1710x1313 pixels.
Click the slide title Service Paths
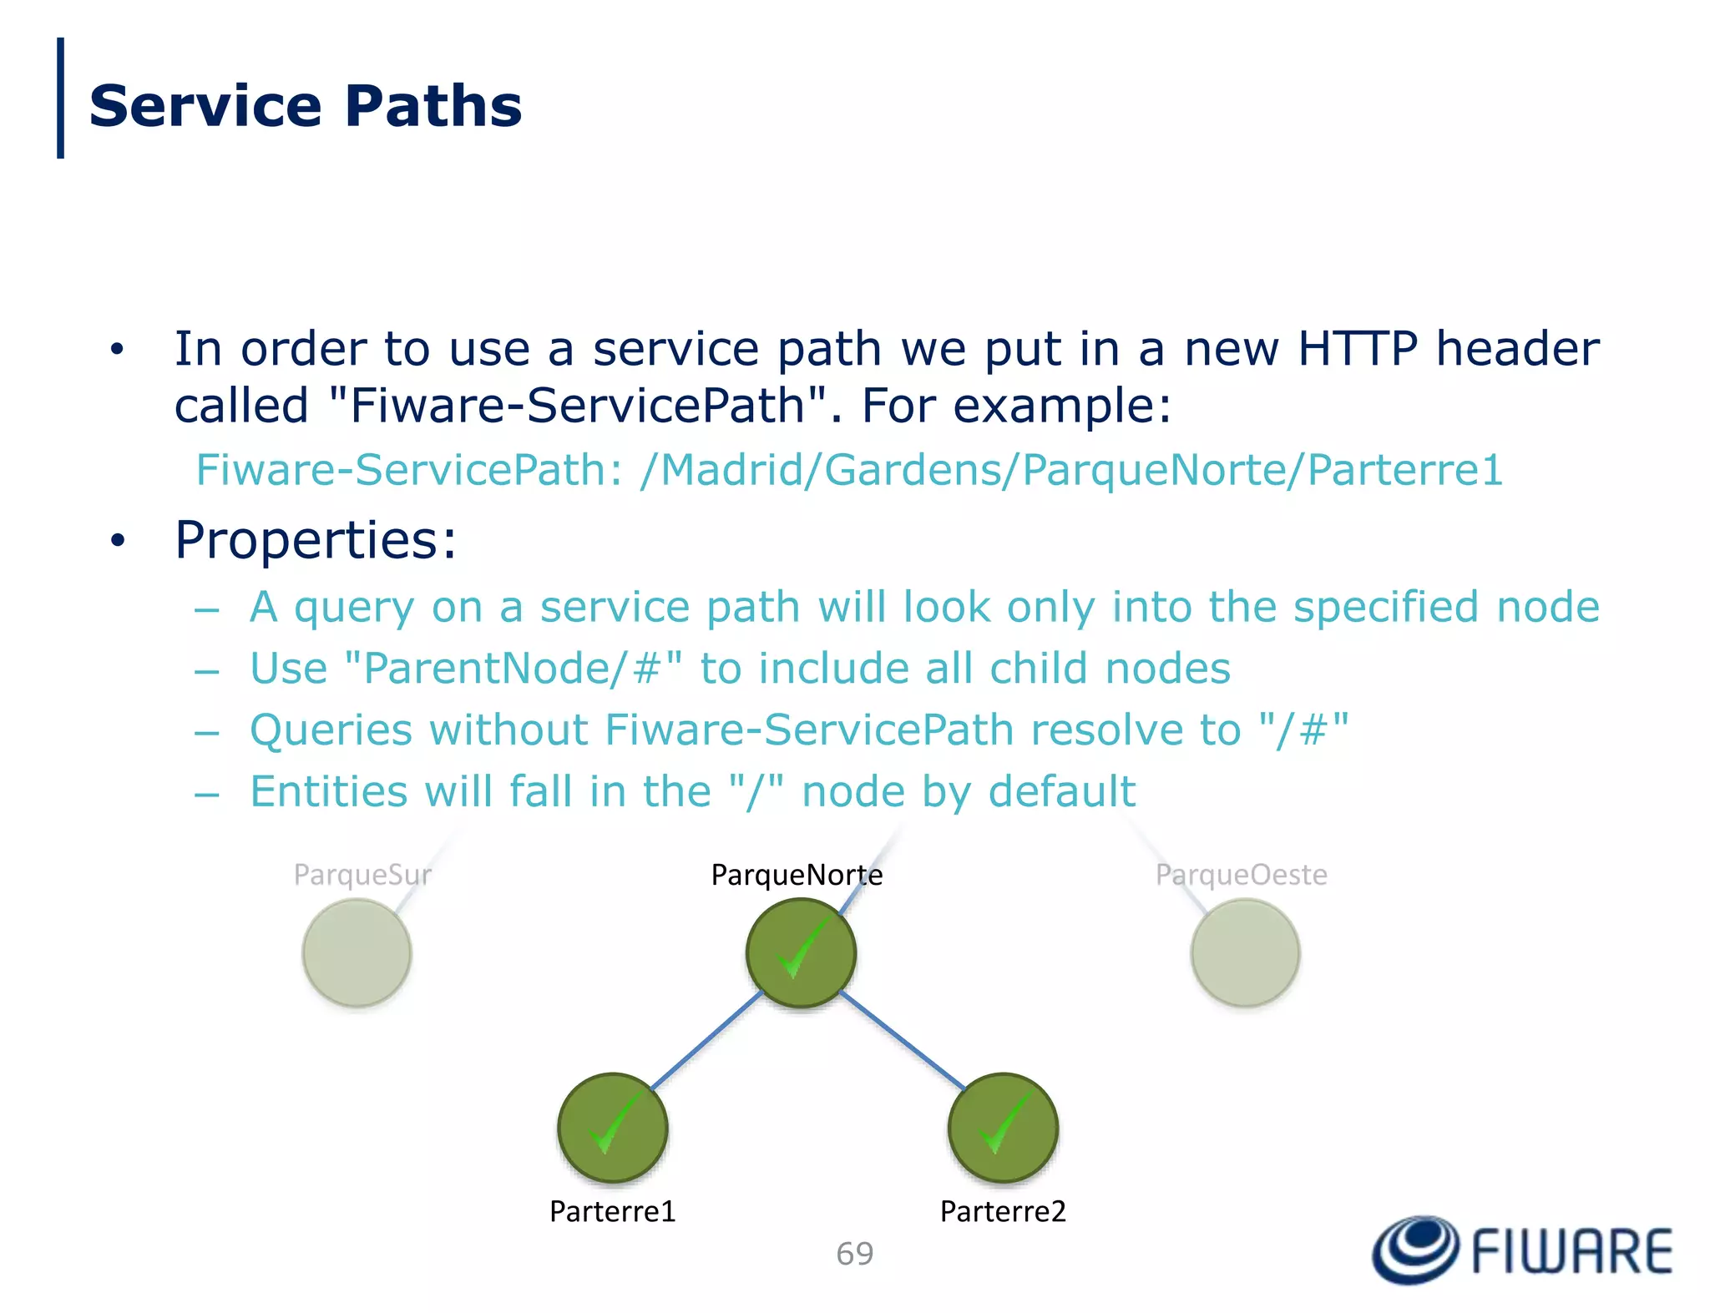[x=305, y=107]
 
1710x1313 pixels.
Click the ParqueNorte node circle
[x=801, y=952]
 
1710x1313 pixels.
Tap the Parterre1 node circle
[x=612, y=1128]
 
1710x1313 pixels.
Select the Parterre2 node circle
[x=1003, y=1128]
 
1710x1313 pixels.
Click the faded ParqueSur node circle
[x=357, y=952]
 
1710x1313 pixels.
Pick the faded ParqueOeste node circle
[x=1245, y=952]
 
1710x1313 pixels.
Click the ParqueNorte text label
[x=797, y=875]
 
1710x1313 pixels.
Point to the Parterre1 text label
[x=612, y=1211]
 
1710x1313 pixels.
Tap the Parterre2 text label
[x=1003, y=1211]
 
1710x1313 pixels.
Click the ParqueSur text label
[x=362, y=875]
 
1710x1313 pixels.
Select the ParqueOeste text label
[x=1241, y=875]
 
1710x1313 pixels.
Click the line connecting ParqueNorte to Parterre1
[x=706, y=1040]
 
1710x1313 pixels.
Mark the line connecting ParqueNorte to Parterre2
[x=902, y=1040]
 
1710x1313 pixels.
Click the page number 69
[x=854, y=1254]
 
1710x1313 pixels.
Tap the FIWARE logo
[x=1523, y=1250]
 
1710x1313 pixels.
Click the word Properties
[x=316, y=540]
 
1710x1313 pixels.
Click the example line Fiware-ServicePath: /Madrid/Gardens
[x=848, y=469]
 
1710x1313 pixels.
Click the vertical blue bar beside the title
[x=60, y=98]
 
